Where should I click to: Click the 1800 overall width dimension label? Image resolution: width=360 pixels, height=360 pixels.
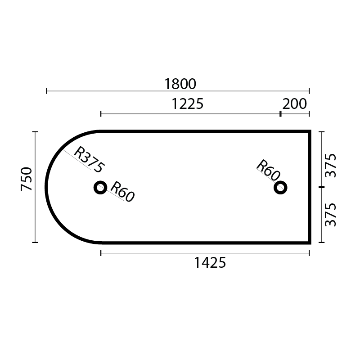click(180, 84)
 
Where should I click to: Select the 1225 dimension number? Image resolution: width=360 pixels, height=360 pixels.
click(188, 104)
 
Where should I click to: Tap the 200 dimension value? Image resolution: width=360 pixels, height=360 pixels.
click(295, 104)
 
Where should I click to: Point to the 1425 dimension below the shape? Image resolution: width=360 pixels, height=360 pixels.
click(210, 262)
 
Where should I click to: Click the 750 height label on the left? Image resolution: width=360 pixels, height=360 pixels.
click(27, 179)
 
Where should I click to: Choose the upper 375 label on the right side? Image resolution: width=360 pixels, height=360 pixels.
click(330, 165)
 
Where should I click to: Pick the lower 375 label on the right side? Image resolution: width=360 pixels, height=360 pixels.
click(330, 215)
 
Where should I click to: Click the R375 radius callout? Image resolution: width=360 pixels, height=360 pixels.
click(89, 159)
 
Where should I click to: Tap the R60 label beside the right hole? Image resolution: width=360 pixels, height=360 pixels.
click(269, 171)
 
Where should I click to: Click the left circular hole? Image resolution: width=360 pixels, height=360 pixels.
click(100, 187)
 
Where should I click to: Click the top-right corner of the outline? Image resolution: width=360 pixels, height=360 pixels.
click(310, 132)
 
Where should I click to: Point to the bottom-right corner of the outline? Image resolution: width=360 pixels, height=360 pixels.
click(310, 242)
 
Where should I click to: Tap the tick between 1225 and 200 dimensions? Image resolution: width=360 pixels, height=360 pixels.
click(280, 114)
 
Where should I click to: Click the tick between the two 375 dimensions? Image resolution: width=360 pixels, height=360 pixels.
click(321, 187)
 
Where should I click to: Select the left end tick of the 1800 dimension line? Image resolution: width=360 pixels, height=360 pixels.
click(47, 91)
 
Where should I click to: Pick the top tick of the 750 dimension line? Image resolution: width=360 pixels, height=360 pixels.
click(35, 132)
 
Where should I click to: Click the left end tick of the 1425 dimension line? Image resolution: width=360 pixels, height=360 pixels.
click(101, 254)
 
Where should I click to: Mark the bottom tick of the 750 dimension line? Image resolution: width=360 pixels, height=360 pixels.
click(35, 242)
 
